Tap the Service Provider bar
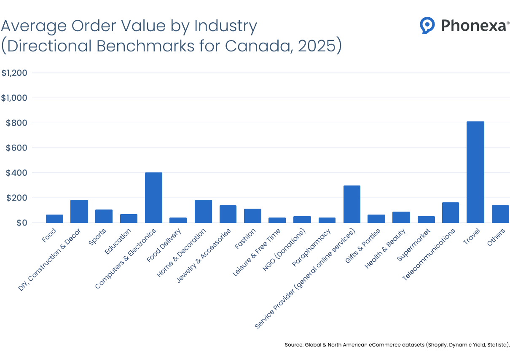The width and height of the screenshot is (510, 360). click(352, 204)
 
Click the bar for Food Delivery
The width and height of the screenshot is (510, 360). click(178, 220)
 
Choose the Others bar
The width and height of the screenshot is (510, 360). click(500, 214)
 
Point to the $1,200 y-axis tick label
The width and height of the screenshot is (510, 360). click(14, 73)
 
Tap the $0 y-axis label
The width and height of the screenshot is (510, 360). click(20, 223)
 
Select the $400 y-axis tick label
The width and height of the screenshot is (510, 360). click(17, 173)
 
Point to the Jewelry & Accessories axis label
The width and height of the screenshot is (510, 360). click(204, 255)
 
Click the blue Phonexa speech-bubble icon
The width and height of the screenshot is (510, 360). click(427, 25)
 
